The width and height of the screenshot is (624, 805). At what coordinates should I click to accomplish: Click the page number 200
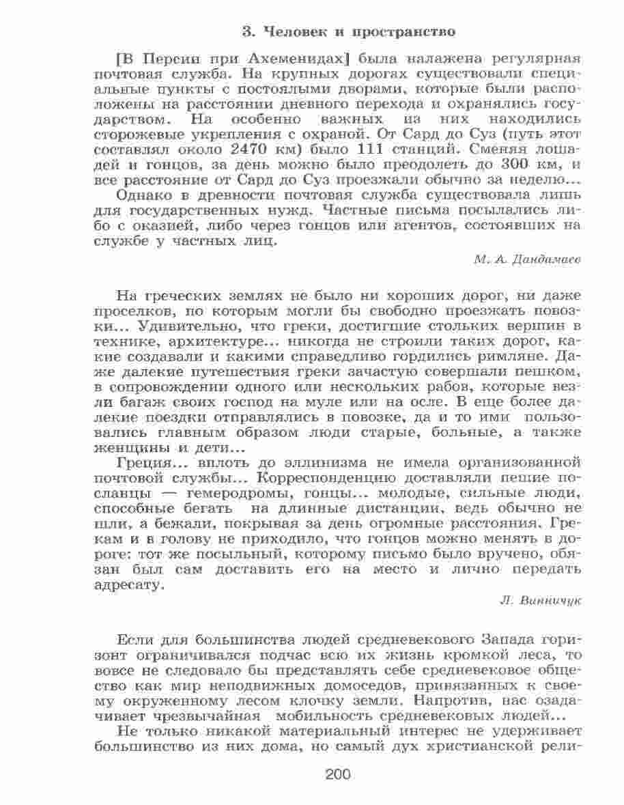pos(338,774)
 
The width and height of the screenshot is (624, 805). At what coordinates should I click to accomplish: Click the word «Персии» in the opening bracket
pos(165,57)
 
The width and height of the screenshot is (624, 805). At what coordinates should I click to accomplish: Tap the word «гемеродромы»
pos(231,492)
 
